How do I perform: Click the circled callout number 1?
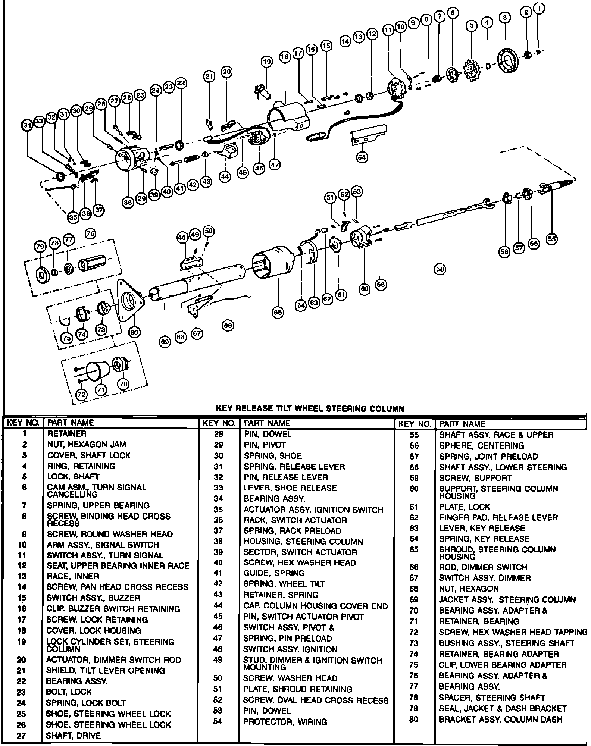540,7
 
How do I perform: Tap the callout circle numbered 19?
266,62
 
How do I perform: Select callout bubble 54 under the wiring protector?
362,157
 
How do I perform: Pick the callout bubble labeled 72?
81,394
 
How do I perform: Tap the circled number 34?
27,125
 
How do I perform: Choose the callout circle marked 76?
90,234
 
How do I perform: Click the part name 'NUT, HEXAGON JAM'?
86,444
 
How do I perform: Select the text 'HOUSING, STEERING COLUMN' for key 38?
303,541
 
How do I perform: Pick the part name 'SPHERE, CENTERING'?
481,446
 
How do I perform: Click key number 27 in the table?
22,736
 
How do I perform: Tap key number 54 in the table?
218,721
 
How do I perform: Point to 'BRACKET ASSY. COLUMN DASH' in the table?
500,720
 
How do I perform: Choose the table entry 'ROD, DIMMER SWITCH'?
483,567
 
